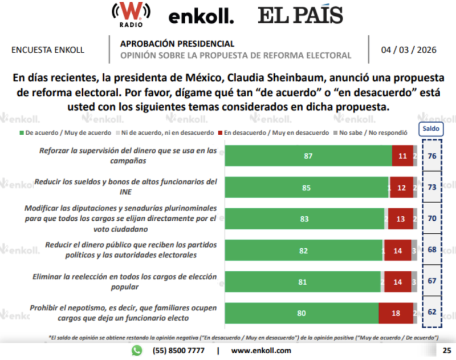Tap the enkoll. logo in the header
click(x=201, y=17)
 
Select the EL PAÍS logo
click(x=300, y=15)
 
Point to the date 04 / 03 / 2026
click(x=409, y=50)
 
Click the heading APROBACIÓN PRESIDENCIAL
click(x=177, y=44)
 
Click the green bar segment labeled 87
click(x=308, y=155)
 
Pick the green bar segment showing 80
click(x=302, y=313)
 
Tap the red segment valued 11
click(x=402, y=155)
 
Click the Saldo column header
click(x=431, y=129)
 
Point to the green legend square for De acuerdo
click(x=22, y=132)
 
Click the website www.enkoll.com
click(x=261, y=350)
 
